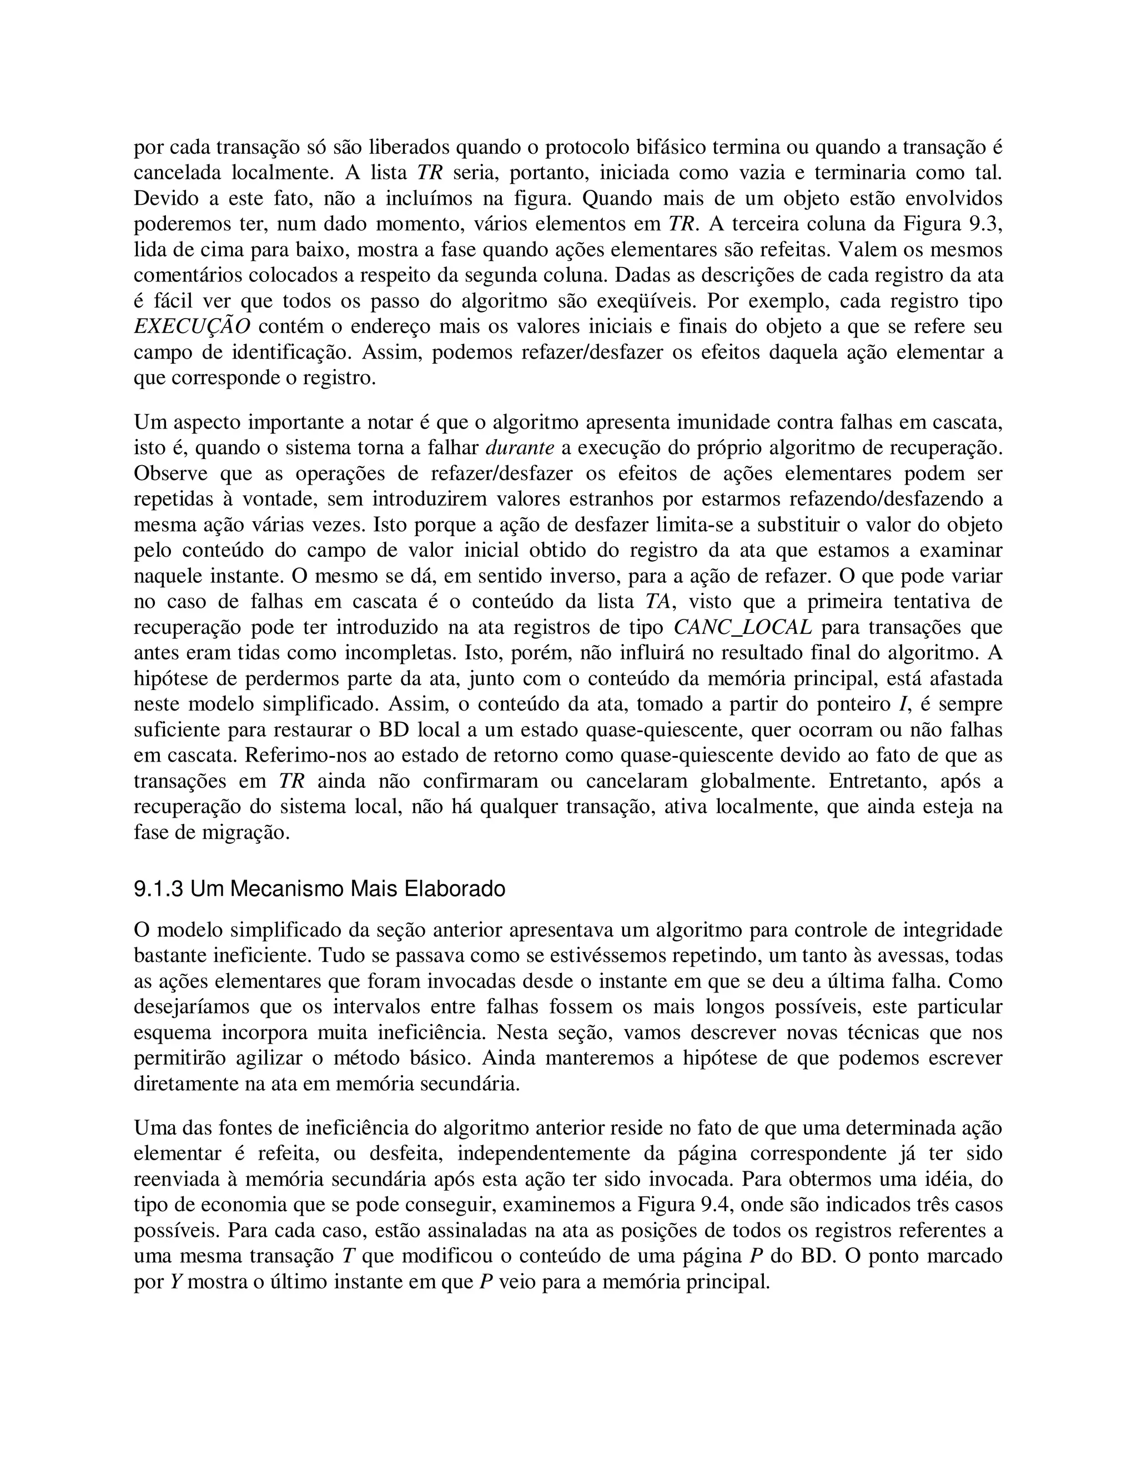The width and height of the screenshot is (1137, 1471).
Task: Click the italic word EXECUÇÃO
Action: tap(192, 326)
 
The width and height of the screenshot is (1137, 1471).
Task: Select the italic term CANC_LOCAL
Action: tap(742, 628)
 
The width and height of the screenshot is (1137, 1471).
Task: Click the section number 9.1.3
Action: tap(158, 890)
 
